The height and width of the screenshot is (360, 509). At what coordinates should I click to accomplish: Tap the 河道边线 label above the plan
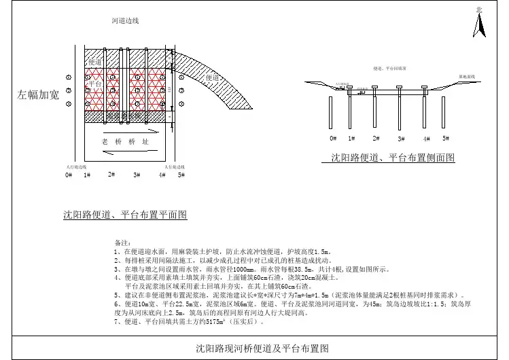(125, 21)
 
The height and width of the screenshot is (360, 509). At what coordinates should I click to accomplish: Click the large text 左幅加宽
(37, 95)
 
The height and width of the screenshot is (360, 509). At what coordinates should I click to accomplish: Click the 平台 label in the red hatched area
(95, 84)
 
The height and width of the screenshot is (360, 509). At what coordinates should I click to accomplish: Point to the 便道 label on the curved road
(213, 77)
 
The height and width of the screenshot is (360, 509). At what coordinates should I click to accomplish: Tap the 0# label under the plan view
(69, 175)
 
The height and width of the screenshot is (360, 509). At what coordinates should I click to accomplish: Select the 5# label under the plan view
(181, 175)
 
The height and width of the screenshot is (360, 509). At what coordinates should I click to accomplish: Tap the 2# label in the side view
(376, 138)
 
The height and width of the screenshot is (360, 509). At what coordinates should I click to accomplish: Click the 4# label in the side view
(426, 139)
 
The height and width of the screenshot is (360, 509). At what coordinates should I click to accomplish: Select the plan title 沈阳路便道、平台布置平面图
(125, 215)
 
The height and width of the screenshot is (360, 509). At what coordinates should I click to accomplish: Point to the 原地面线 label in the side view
(466, 76)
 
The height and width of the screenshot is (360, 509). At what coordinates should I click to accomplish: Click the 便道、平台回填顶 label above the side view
(390, 69)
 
